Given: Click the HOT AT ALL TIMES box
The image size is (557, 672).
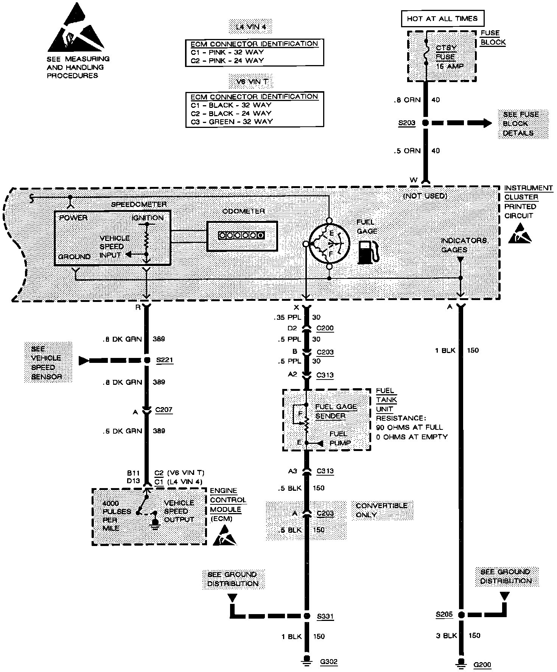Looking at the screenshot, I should coord(442,19).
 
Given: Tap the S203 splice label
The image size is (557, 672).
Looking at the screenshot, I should coord(407,123).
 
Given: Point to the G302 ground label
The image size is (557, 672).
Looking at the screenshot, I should coord(328,662).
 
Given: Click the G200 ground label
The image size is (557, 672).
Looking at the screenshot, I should coord(482,664).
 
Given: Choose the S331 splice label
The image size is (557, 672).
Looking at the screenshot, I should coord(325,616).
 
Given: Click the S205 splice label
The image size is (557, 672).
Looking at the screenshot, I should coord(444,614).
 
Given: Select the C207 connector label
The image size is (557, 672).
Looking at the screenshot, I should coord(164,410).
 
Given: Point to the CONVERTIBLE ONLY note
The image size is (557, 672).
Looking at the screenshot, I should coord(382,510).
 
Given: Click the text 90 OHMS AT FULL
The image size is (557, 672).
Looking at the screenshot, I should coord(409,427).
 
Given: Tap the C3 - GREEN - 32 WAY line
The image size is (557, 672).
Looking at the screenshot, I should coord(232,121).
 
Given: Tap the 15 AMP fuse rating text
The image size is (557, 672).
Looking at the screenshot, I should coord(450,66).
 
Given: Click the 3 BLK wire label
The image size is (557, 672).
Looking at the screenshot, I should coord(447,636).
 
